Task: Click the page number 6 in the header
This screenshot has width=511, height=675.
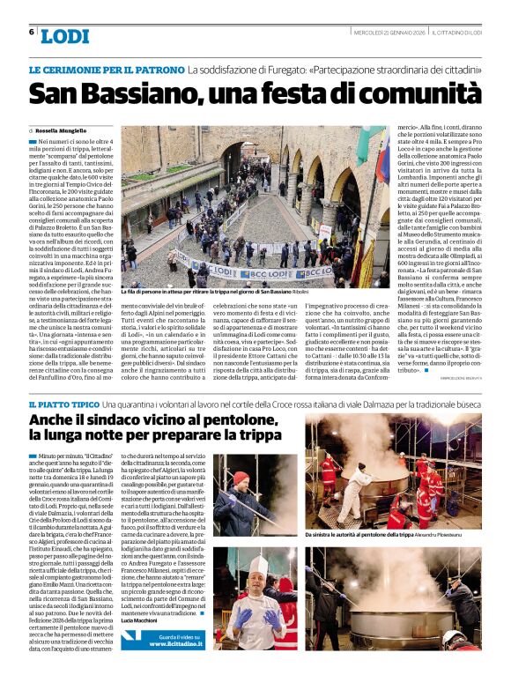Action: click(31, 32)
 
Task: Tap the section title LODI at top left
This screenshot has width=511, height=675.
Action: click(65, 36)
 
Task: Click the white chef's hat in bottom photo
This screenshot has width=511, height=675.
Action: click(256, 565)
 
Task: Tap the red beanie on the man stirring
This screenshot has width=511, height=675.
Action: click(241, 478)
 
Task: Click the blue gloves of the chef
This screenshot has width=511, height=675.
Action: click(243, 616)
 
